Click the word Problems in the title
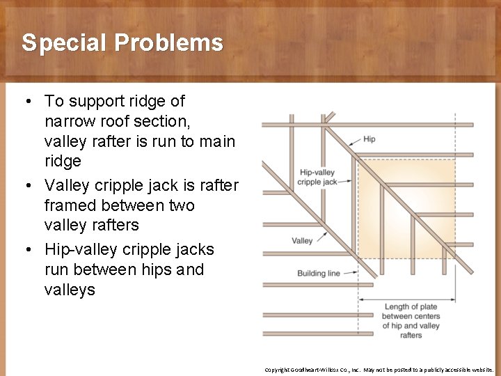pyautogui.click(x=169, y=43)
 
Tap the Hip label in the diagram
pyautogui.click(x=369, y=139)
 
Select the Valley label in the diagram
pyautogui.click(x=302, y=241)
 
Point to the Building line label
pyautogui.click(x=319, y=274)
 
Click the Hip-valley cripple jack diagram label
pyautogui.click(x=317, y=177)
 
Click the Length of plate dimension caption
pyautogui.click(x=411, y=321)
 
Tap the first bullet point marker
pyautogui.click(x=26, y=102)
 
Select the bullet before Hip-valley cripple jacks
pyautogui.click(x=26, y=250)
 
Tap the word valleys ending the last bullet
pyautogui.click(x=70, y=290)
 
